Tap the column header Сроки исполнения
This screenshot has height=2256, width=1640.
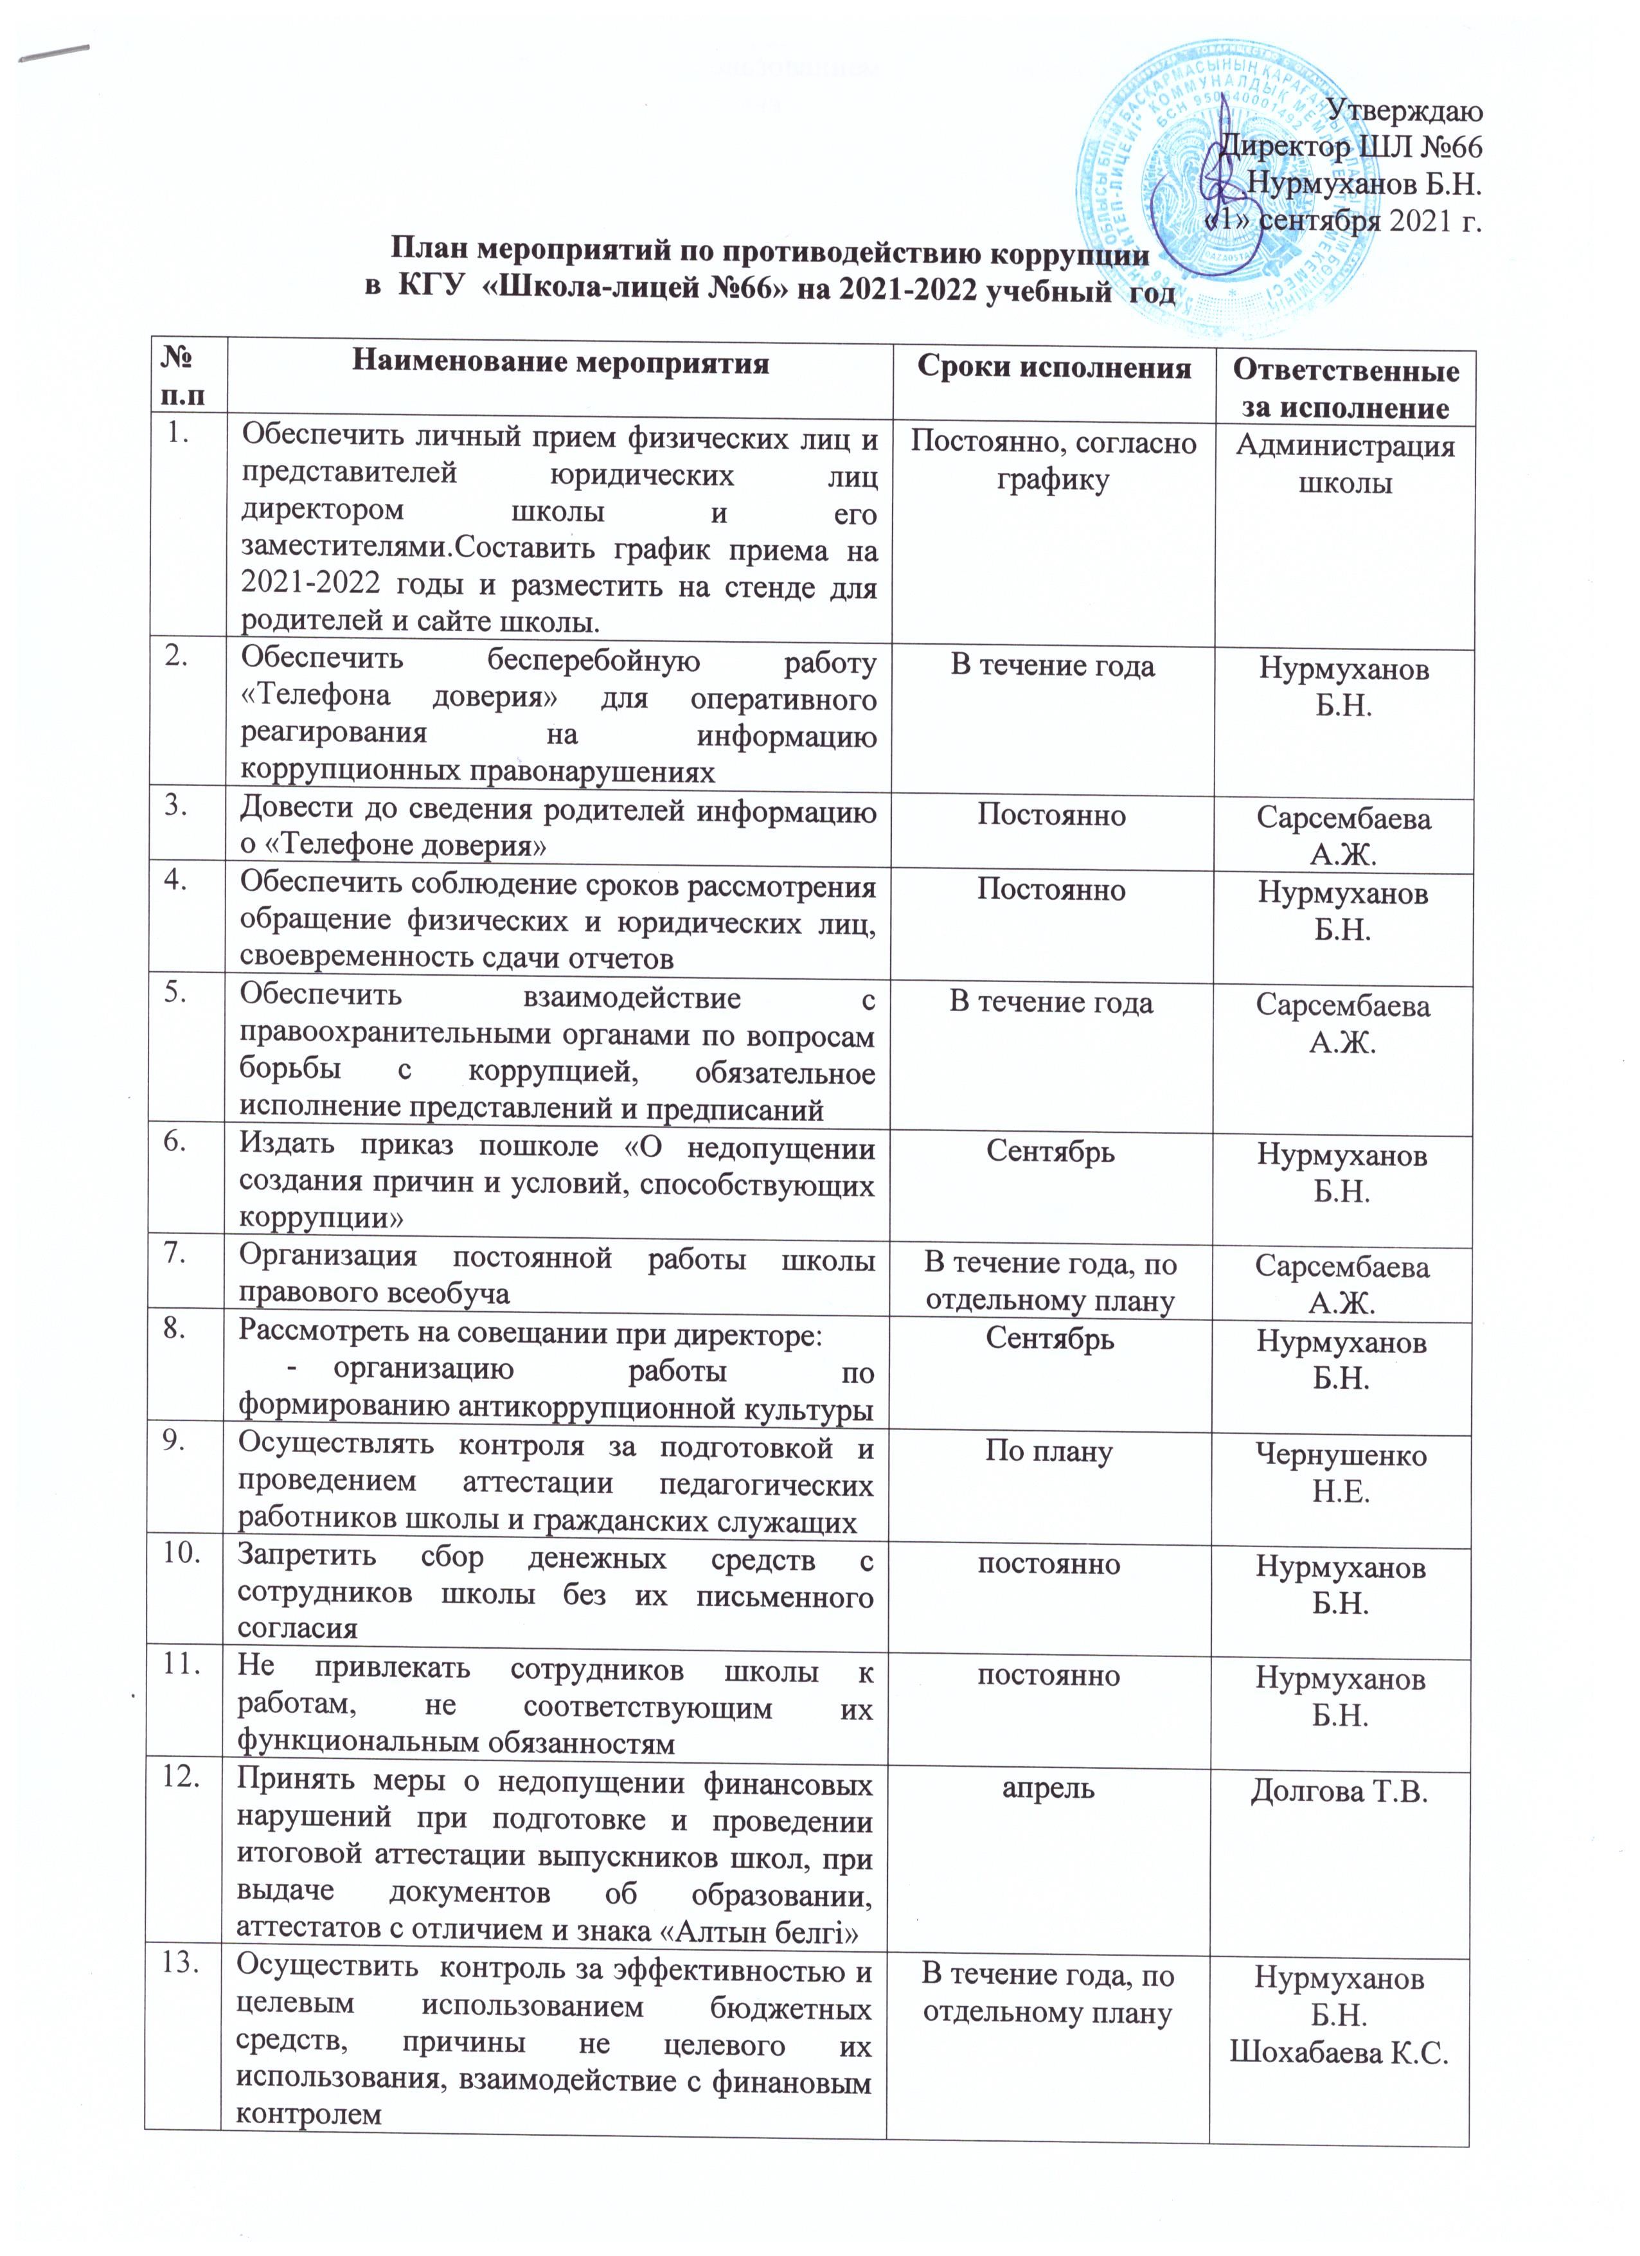[x=1053, y=368]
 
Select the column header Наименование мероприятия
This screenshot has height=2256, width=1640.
[x=561, y=363]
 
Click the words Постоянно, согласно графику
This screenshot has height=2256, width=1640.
[x=1052, y=461]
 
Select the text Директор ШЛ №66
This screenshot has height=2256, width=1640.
[x=1353, y=147]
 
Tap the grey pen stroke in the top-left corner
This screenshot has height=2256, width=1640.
[x=55, y=55]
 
